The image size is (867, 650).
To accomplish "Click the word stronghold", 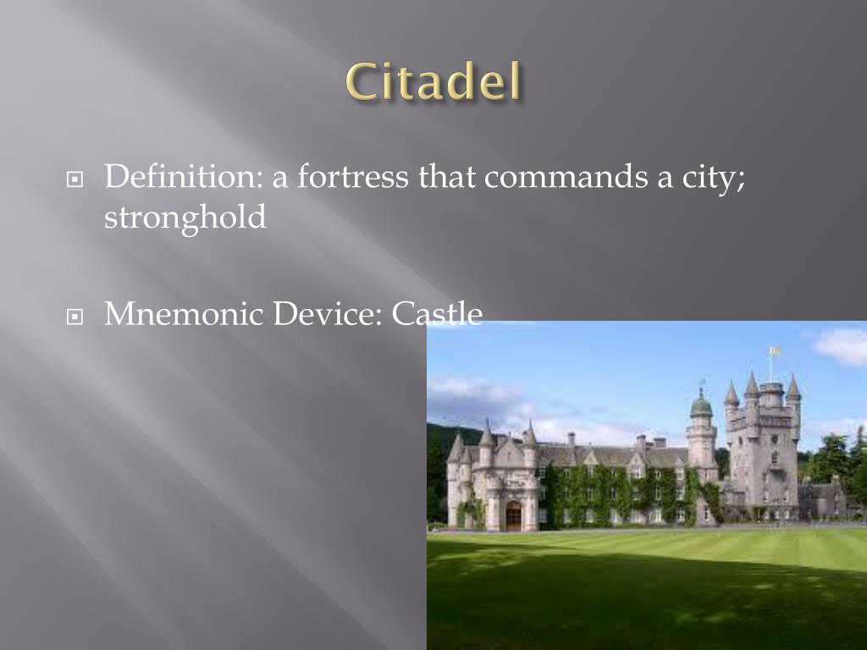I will (185, 218).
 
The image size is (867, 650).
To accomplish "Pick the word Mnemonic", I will (184, 315).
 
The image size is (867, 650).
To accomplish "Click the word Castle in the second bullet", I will (438, 315).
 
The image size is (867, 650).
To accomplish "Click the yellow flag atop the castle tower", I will (774, 350).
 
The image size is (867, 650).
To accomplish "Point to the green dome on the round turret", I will (701, 405).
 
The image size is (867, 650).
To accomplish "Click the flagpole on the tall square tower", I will (770, 366).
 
